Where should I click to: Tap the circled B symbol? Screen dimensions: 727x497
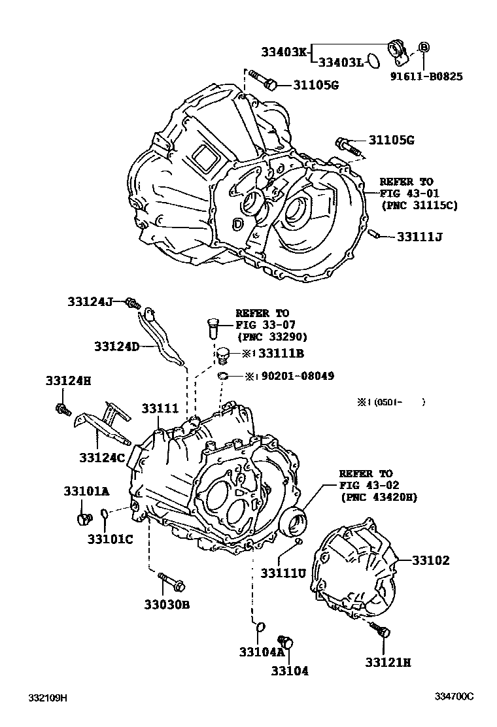pos(424,46)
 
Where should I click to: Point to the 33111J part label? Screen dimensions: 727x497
pos(419,237)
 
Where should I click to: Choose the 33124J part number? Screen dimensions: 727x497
pos(90,301)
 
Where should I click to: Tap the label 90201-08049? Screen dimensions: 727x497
pos(298,377)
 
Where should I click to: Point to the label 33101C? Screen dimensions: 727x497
pos(111,539)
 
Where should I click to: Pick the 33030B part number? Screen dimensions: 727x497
pos(167,605)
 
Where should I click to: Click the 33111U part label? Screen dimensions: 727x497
pos(283,573)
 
